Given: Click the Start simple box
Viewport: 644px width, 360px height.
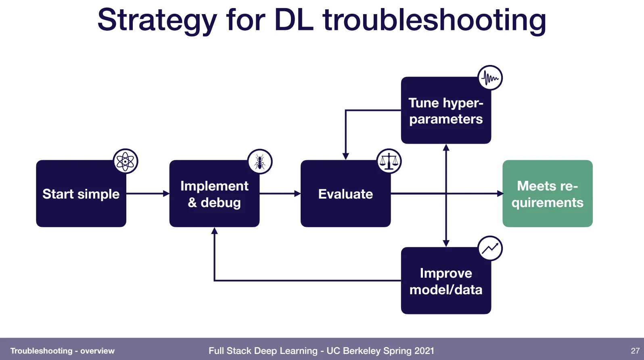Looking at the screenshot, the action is (x=81, y=193).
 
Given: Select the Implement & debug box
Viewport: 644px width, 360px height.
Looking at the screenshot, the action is (x=215, y=193).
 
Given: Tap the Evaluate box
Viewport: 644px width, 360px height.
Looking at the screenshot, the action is (x=345, y=193).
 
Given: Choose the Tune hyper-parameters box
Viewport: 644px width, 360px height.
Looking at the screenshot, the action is (x=446, y=110).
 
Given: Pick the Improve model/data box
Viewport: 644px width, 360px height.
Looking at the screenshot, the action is (x=446, y=280).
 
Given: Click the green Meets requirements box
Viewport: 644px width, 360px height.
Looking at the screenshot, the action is (x=548, y=193).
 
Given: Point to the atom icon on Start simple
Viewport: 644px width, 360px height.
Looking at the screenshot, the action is (x=125, y=161).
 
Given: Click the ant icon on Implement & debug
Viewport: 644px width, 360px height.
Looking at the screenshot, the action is (x=260, y=161).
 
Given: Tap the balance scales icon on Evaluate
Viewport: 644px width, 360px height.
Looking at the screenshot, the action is (x=389, y=161).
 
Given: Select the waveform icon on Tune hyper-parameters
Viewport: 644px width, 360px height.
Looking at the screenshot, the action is (x=490, y=77).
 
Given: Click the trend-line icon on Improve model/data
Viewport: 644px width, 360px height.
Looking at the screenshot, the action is (x=490, y=249).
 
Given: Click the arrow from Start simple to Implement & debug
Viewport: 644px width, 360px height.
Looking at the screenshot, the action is (x=148, y=193).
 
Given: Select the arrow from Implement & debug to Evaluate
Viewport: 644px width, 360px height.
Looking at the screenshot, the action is (x=280, y=193).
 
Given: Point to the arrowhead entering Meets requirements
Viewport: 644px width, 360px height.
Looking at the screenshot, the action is (x=500, y=193).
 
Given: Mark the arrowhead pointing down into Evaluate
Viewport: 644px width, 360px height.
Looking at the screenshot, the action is (x=345, y=157).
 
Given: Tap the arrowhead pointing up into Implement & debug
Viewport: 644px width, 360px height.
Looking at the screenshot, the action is (x=215, y=230).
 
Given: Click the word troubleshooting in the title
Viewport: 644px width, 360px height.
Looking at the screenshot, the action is (x=435, y=21).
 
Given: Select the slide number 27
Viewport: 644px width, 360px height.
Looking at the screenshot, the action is (x=635, y=351).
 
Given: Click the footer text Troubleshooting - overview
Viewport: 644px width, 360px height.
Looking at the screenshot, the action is (x=63, y=351).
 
